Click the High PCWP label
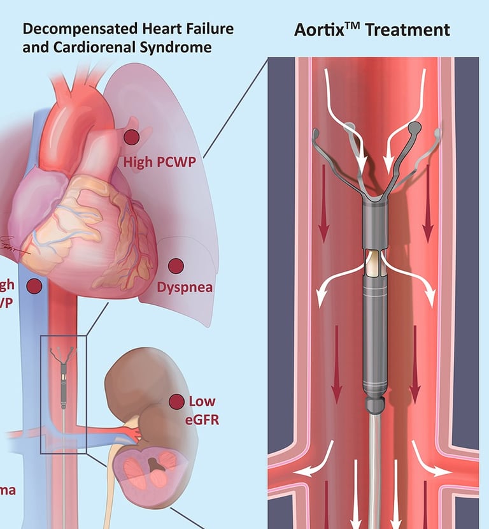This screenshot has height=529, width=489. pos(160,162)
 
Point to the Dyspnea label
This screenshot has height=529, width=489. pos(185,287)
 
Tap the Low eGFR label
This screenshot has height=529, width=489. pos(202,409)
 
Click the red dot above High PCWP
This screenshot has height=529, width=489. pos(132,136)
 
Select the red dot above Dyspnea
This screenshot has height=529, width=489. pos(174,264)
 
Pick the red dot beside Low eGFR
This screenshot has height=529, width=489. pos(175,402)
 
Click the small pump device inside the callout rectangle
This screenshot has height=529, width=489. pos(64,376)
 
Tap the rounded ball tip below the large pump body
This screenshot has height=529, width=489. pos(373,403)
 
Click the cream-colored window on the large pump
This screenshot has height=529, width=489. pos(373,263)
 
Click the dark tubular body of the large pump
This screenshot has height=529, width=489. pos(373,338)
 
